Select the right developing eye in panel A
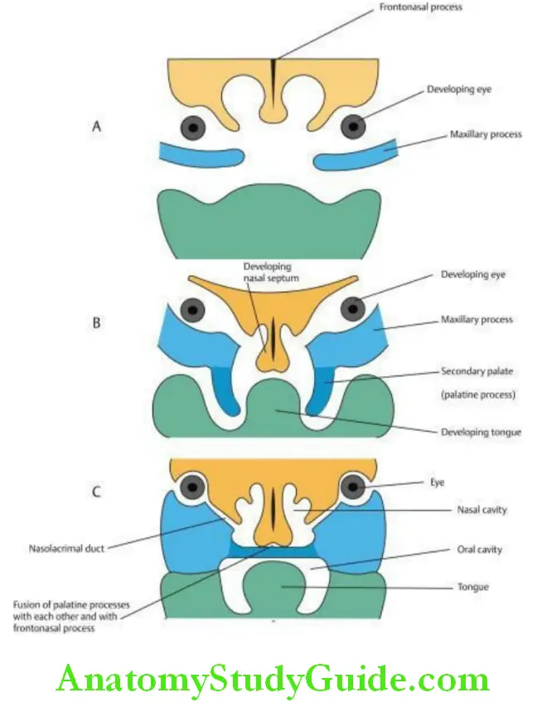[x=354, y=127]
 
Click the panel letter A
[x=98, y=128]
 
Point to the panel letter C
[x=97, y=492]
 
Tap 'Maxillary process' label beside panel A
[x=486, y=134]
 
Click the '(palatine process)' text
[x=478, y=395]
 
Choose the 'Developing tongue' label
[x=476, y=433]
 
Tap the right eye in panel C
[x=356, y=487]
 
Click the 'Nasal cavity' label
[x=482, y=510]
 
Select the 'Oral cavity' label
[x=480, y=549]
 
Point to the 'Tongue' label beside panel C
[x=472, y=587]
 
